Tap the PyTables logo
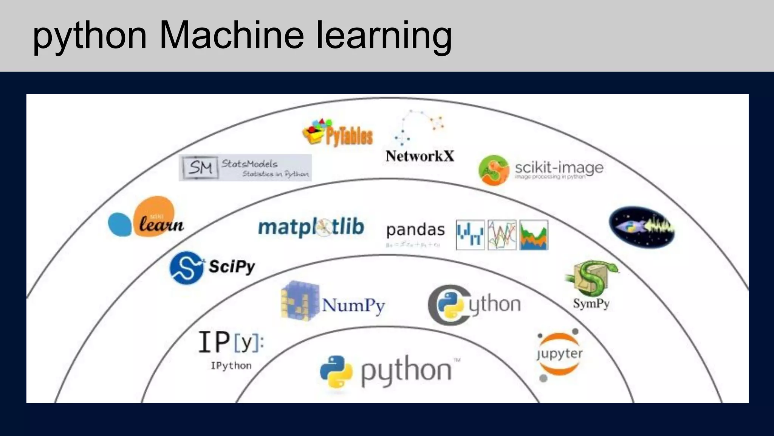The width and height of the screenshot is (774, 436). [337, 133]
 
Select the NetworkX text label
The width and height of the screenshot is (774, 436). [420, 156]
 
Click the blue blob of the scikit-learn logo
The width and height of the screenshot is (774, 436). [119, 224]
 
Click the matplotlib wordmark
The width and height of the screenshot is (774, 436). [311, 227]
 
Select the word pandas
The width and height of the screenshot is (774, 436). [415, 230]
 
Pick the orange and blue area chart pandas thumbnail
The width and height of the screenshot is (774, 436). [534, 235]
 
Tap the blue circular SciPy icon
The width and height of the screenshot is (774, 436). [186, 267]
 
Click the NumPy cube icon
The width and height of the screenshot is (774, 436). [300, 301]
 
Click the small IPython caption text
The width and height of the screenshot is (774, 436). [231, 366]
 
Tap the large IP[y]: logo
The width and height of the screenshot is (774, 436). [231, 342]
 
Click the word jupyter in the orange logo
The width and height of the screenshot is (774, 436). [559, 354]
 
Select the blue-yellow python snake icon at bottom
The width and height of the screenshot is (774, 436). [336, 372]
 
